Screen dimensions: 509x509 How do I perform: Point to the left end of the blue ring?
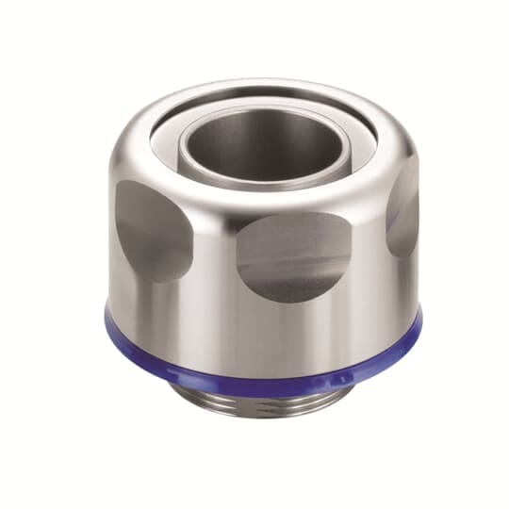(x=111, y=325)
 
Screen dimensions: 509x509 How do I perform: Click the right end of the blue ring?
(x=416, y=321)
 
